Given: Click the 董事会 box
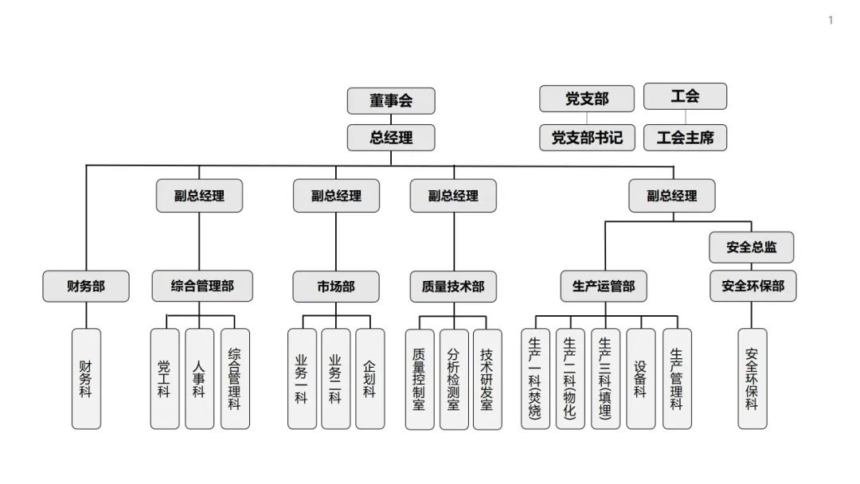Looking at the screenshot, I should (x=391, y=101).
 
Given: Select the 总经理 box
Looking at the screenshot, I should (x=391, y=137).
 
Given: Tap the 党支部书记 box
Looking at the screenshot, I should (x=587, y=137).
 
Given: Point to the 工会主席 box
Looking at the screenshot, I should (x=685, y=137).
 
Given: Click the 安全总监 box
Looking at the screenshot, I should (x=751, y=247).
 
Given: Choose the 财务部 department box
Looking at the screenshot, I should (x=86, y=286).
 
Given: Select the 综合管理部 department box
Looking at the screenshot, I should (x=202, y=286).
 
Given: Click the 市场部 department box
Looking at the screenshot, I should (x=335, y=286).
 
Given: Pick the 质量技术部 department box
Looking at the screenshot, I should (x=453, y=286).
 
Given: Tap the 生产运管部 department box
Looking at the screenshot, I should (x=604, y=286).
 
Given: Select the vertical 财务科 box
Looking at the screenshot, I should (x=86, y=379).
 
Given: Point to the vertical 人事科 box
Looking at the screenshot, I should (x=199, y=379).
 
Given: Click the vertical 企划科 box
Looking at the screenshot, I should (x=369, y=379).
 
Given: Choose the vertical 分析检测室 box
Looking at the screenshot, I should (x=453, y=379).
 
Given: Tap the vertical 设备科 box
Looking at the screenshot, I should (x=640, y=379).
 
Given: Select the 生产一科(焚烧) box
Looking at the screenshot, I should (x=535, y=379).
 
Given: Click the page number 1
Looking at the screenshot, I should (x=831, y=21).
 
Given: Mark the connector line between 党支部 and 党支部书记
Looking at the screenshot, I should (x=587, y=118).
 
